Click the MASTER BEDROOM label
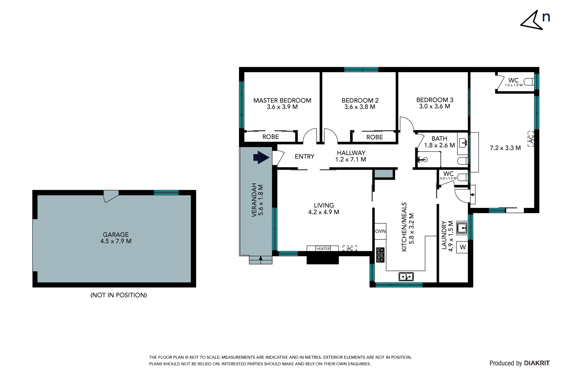click(282, 100)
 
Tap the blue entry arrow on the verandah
click(261, 157)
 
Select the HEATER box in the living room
click(323, 248)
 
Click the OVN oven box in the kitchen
click(380, 231)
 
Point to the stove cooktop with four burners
click(380, 255)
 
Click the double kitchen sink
click(406, 276)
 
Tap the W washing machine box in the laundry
click(463, 247)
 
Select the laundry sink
click(462, 228)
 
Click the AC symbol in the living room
click(350, 248)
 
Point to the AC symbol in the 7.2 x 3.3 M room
click(531, 139)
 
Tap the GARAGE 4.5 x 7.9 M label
click(116, 238)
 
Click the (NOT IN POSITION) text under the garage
click(119, 295)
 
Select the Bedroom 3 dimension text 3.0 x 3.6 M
click(434, 106)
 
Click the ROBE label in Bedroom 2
click(374, 137)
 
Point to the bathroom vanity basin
click(463, 142)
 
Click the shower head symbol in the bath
click(423, 160)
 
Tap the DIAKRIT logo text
click(537, 363)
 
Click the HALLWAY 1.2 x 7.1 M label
click(351, 156)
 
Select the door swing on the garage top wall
click(111, 196)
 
